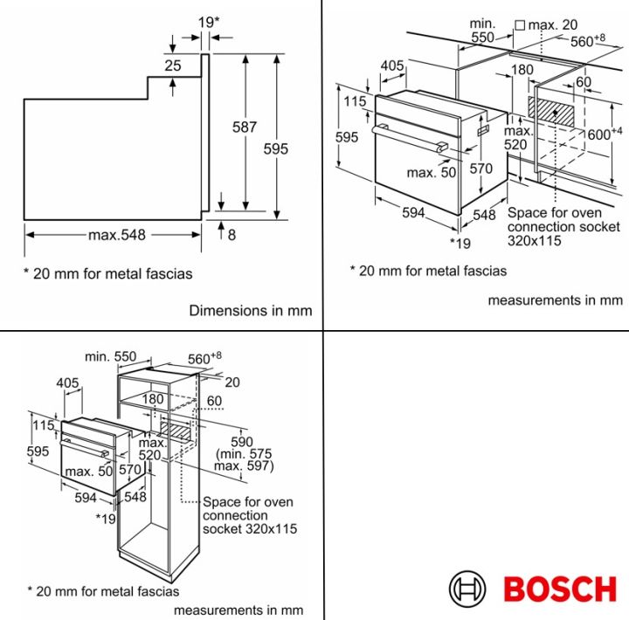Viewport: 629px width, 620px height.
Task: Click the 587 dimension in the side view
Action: click(245, 127)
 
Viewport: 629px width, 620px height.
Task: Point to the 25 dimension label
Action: click(172, 65)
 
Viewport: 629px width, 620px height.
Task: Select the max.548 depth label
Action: click(116, 234)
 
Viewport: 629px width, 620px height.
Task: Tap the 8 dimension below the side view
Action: click(231, 234)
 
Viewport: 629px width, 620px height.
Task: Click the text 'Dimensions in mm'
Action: click(251, 310)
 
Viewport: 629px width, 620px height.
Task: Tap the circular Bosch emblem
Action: click(467, 589)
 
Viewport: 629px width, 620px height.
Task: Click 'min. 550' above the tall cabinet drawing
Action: click(111, 356)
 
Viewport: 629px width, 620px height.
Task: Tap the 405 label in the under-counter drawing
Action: click(392, 65)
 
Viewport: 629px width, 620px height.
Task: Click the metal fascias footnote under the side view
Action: click(107, 273)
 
